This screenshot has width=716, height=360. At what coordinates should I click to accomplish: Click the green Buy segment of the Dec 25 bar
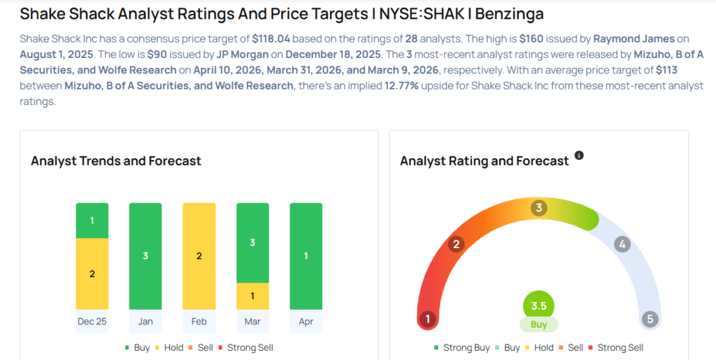point(92,220)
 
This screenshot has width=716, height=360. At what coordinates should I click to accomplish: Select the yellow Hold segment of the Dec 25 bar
point(92,273)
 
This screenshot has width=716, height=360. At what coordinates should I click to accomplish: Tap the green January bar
point(145,256)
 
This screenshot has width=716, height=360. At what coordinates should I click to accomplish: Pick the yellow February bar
point(199,256)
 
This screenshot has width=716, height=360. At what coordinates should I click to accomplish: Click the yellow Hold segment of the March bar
point(252,296)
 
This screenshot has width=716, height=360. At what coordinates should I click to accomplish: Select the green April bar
point(306,256)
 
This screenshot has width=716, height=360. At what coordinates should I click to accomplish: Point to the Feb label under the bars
point(199,322)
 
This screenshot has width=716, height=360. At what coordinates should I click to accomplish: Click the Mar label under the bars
point(252,322)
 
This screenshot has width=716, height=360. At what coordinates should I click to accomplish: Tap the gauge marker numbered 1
point(427,319)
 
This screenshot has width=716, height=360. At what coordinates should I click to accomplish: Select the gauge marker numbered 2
point(456,244)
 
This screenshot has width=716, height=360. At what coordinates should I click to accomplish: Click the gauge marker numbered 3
point(538,208)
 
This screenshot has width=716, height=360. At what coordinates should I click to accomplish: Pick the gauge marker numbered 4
point(622,244)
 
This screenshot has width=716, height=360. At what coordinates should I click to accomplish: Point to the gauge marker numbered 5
point(650,319)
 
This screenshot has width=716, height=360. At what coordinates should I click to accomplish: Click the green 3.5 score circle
point(538,305)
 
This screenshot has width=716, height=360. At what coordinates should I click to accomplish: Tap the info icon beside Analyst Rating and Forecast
point(579,155)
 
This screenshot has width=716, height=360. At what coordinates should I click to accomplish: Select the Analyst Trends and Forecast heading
point(116,161)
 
